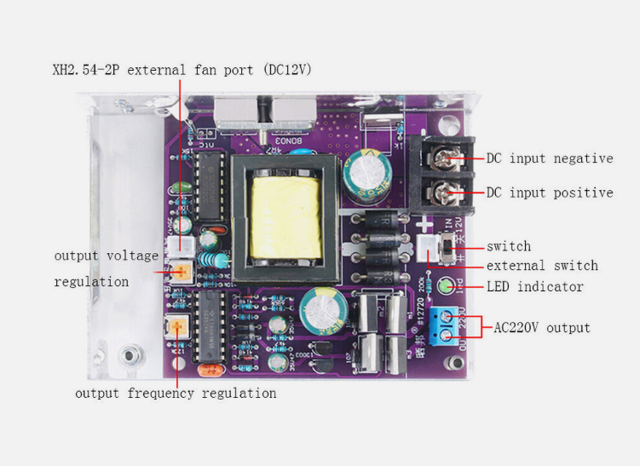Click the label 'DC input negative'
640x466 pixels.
(549, 158)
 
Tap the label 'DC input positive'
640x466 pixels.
(549, 193)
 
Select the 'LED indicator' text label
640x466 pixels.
(534, 286)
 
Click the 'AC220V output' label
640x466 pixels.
(542, 327)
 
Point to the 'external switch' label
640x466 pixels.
(542, 266)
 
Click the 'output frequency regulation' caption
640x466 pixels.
(176, 393)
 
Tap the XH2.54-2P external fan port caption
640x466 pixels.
(182, 69)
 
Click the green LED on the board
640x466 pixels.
(444, 285)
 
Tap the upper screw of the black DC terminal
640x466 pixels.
(443, 158)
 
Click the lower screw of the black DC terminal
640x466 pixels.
(443, 192)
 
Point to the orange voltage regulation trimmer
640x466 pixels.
(182, 273)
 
